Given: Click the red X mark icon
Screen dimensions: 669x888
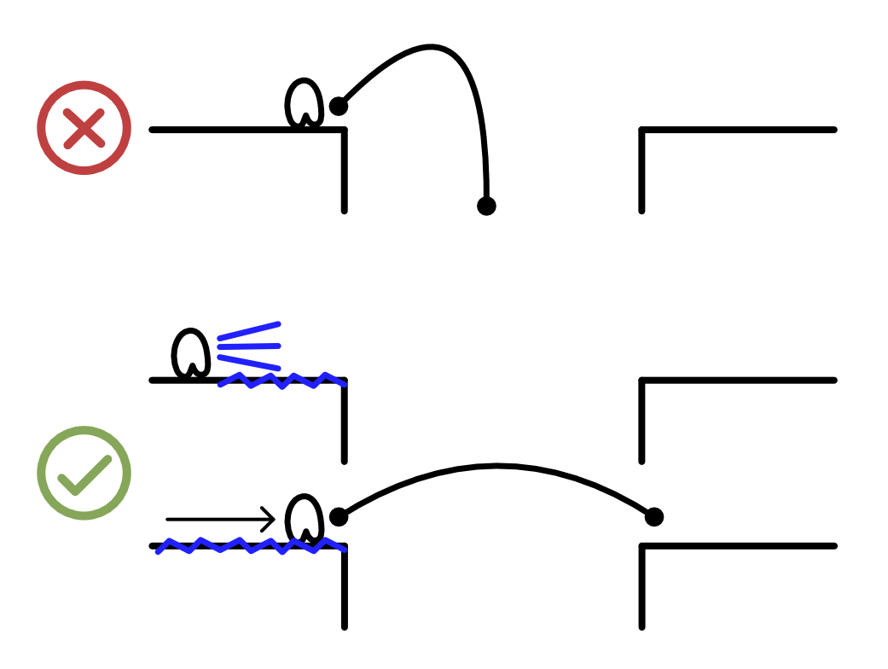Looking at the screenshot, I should click(84, 129).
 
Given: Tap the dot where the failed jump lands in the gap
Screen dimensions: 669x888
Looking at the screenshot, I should click(486, 206).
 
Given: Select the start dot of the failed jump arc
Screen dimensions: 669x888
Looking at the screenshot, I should click(339, 107).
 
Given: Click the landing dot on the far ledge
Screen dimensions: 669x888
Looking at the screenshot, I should click(654, 516).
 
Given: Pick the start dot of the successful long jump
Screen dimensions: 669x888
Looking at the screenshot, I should click(339, 516).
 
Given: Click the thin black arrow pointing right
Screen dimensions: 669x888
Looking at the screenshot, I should click(220, 519).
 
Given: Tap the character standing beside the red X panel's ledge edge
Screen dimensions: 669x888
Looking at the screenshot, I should click(304, 104).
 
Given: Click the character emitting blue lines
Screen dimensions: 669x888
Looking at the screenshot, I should click(191, 352).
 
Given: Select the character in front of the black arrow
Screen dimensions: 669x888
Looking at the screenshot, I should click(304, 518).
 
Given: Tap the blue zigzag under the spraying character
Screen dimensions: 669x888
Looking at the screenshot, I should click(281, 381).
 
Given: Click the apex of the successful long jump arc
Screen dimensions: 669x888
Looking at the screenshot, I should click(497, 466).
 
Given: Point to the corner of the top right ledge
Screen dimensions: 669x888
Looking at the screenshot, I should click(642, 131).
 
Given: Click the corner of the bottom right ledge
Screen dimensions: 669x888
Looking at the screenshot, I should click(642, 546).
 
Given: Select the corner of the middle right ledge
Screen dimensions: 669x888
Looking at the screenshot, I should click(642, 381).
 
